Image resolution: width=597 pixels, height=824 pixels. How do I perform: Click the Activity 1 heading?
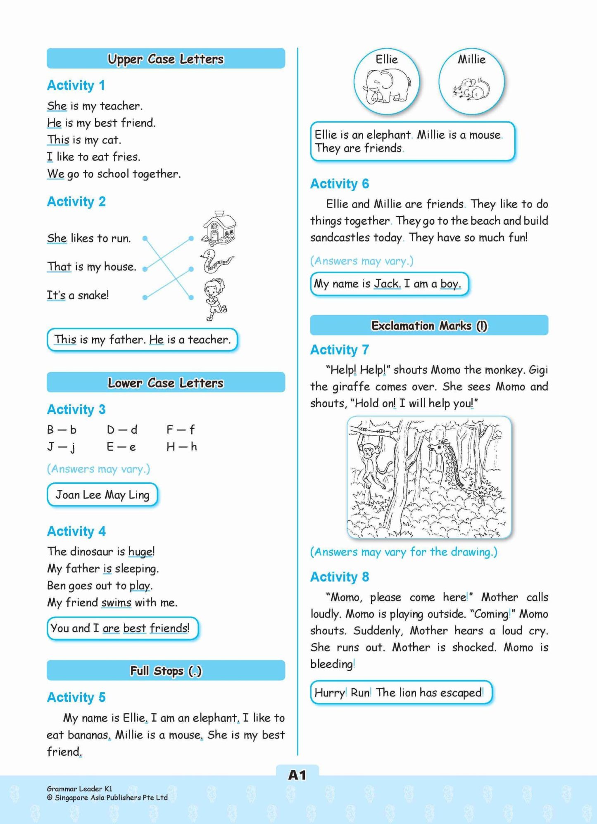[x=76, y=85]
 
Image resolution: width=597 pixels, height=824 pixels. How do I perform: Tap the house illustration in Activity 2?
[x=219, y=228]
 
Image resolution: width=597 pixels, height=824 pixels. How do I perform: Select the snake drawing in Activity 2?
[x=216, y=261]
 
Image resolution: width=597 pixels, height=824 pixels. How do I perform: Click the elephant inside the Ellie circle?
[x=387, y=86]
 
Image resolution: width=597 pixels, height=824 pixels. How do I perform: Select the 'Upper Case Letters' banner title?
[x=166, y=59]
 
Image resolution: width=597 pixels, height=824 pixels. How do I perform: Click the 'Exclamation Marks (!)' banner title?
[x=429, y=326]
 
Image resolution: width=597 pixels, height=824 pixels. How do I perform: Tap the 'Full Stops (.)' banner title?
[x=166, y=671]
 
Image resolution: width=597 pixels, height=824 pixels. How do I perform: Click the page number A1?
[x=297, y=775]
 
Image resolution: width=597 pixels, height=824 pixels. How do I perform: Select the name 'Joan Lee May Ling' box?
[x=102, y=495]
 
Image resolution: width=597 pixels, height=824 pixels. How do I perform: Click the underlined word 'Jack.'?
[x=387, y=284]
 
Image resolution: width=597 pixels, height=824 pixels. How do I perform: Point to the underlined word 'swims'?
[x=116, y=603]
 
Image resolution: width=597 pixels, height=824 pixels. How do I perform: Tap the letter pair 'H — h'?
[x=182, y=446]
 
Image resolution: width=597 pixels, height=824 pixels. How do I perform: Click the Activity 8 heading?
[x=339, y=577]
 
